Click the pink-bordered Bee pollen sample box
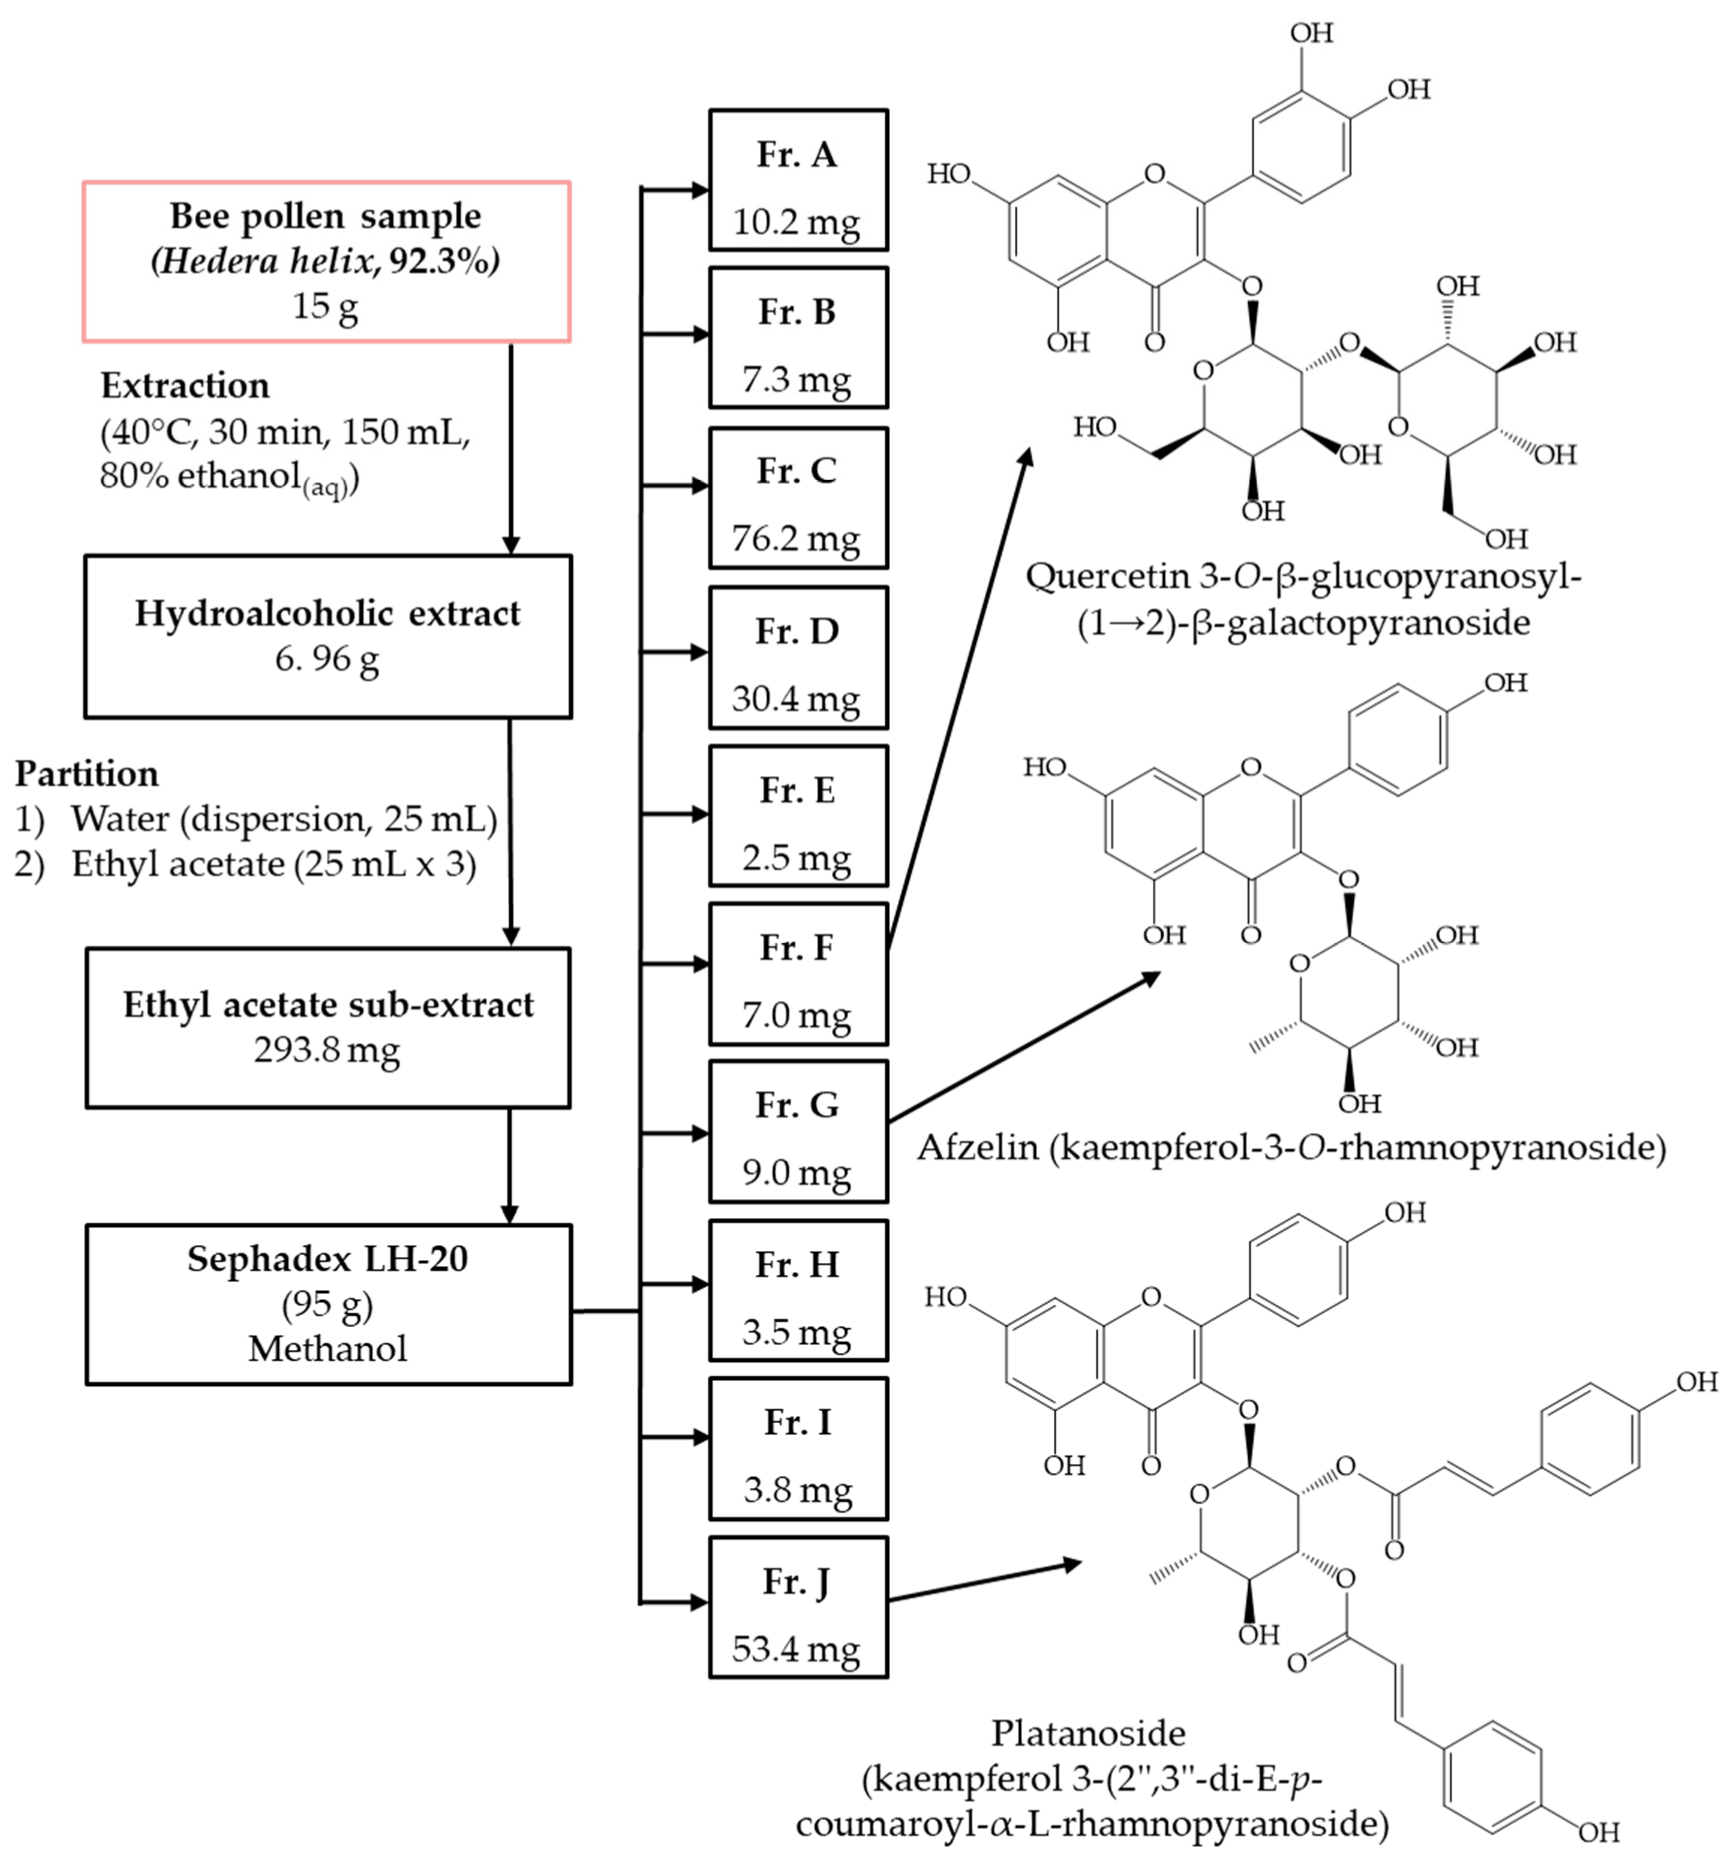326,261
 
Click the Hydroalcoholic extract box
328,636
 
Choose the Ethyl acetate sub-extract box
328,1027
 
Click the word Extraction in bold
184,385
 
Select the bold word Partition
86,774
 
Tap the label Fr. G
797,1105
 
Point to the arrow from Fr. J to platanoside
983,1581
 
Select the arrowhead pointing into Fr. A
699,190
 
